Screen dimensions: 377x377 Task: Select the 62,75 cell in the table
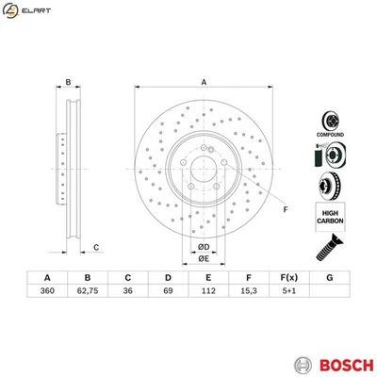click(88, 293)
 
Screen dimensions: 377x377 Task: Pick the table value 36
click(128, 293)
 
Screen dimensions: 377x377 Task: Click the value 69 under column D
click(168, 293)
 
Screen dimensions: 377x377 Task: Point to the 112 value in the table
click(208, 293)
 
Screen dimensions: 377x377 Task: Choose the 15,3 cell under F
click(248, 293)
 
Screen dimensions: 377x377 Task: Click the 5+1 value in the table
click(288, 293)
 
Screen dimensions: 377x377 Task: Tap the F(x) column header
click(288, 277)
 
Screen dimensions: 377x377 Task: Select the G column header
click(329, 277)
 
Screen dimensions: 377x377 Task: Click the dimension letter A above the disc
click(203, 82)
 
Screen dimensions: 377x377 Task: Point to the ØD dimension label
click(203, 248)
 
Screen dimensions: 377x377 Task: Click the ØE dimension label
click(203, 260)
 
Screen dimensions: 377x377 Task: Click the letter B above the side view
click(69, 82)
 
